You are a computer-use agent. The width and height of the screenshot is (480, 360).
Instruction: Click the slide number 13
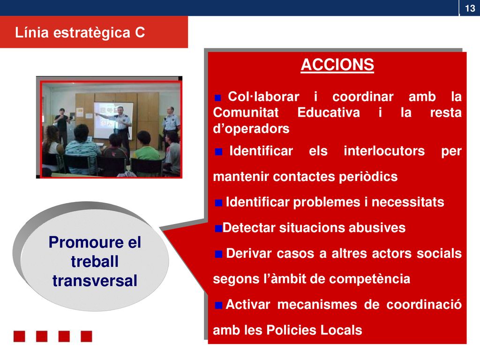click(x=470, y=8)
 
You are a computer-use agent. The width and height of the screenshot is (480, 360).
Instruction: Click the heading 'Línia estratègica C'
click(x=80, y=32)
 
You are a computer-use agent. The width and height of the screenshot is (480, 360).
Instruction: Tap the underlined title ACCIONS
click(x=337, y=65)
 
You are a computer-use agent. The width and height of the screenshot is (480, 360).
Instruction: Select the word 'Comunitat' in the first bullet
click(x=246, y=112)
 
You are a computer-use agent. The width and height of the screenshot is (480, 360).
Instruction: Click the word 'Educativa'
click(x=329, y=112)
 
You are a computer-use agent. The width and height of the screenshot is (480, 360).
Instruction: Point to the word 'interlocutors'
click(x=384, y=151)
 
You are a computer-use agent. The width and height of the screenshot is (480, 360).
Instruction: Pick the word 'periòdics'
click(x=368, y=177)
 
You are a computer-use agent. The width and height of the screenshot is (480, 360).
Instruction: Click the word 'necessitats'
click(x=408, y=202)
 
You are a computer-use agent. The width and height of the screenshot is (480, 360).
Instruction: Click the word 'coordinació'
click(x=424, y=305)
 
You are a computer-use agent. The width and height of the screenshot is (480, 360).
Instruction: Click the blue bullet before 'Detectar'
click(x=218, y=228)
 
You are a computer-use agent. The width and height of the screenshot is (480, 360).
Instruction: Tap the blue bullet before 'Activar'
click(x=218, y=305)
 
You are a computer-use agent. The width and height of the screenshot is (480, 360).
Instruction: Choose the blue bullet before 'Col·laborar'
click(x=217, y=97)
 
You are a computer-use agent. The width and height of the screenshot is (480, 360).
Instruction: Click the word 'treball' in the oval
click(x=95, y=262)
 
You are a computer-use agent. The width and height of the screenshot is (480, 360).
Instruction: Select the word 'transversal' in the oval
click(x=95, y=281)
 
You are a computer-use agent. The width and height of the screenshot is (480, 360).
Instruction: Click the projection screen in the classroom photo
click(x=113, y=120)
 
